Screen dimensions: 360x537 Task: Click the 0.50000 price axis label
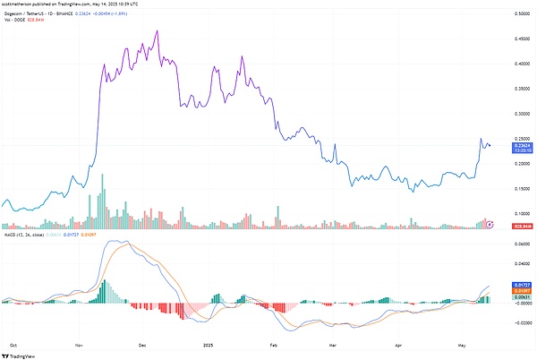pyautogui.click(x=518, y=14)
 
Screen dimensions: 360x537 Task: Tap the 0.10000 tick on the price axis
pyautogui.click(x=518, y=213)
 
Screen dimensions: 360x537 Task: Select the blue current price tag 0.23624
pyautogui.click(x=518, y=144)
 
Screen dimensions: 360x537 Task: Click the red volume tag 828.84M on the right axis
pyautogui.click(x=518, y=227)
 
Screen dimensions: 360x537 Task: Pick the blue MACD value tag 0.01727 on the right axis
pyautogui.click(x=518, y=283)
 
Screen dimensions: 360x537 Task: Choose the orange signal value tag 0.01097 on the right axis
pyautogui.click(x=518, y=291)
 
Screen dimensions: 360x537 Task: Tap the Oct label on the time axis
pyautogui.click(x=13, y=344)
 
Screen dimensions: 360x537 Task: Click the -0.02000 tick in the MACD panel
pyautogui.click(x=518, y=323)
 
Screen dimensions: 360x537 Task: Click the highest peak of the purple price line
pyautogui.click(x=158, y=30)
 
